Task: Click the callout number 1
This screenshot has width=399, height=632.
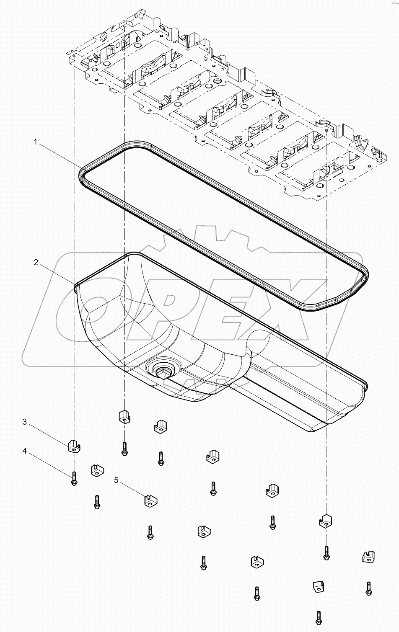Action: point(36,142)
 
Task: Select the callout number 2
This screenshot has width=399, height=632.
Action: point(36,263)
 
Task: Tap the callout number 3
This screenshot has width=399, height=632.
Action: point(25,422)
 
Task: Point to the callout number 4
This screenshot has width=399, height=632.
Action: point(25,451)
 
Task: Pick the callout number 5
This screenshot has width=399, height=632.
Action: point(116,480)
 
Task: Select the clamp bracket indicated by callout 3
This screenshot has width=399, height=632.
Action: point(74,446)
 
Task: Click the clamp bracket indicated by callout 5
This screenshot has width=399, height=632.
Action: point(150,500)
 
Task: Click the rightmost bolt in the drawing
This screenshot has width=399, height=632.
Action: point(369,588)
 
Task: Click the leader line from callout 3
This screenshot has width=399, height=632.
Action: point(48,433)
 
